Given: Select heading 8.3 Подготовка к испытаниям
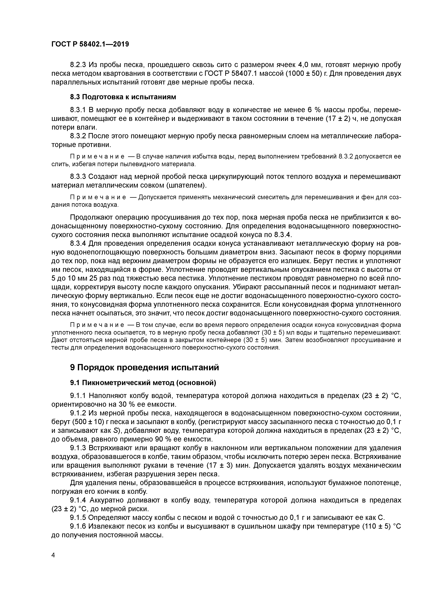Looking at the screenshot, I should pos(123,97).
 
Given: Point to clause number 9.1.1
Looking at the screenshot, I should pos(78,396).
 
